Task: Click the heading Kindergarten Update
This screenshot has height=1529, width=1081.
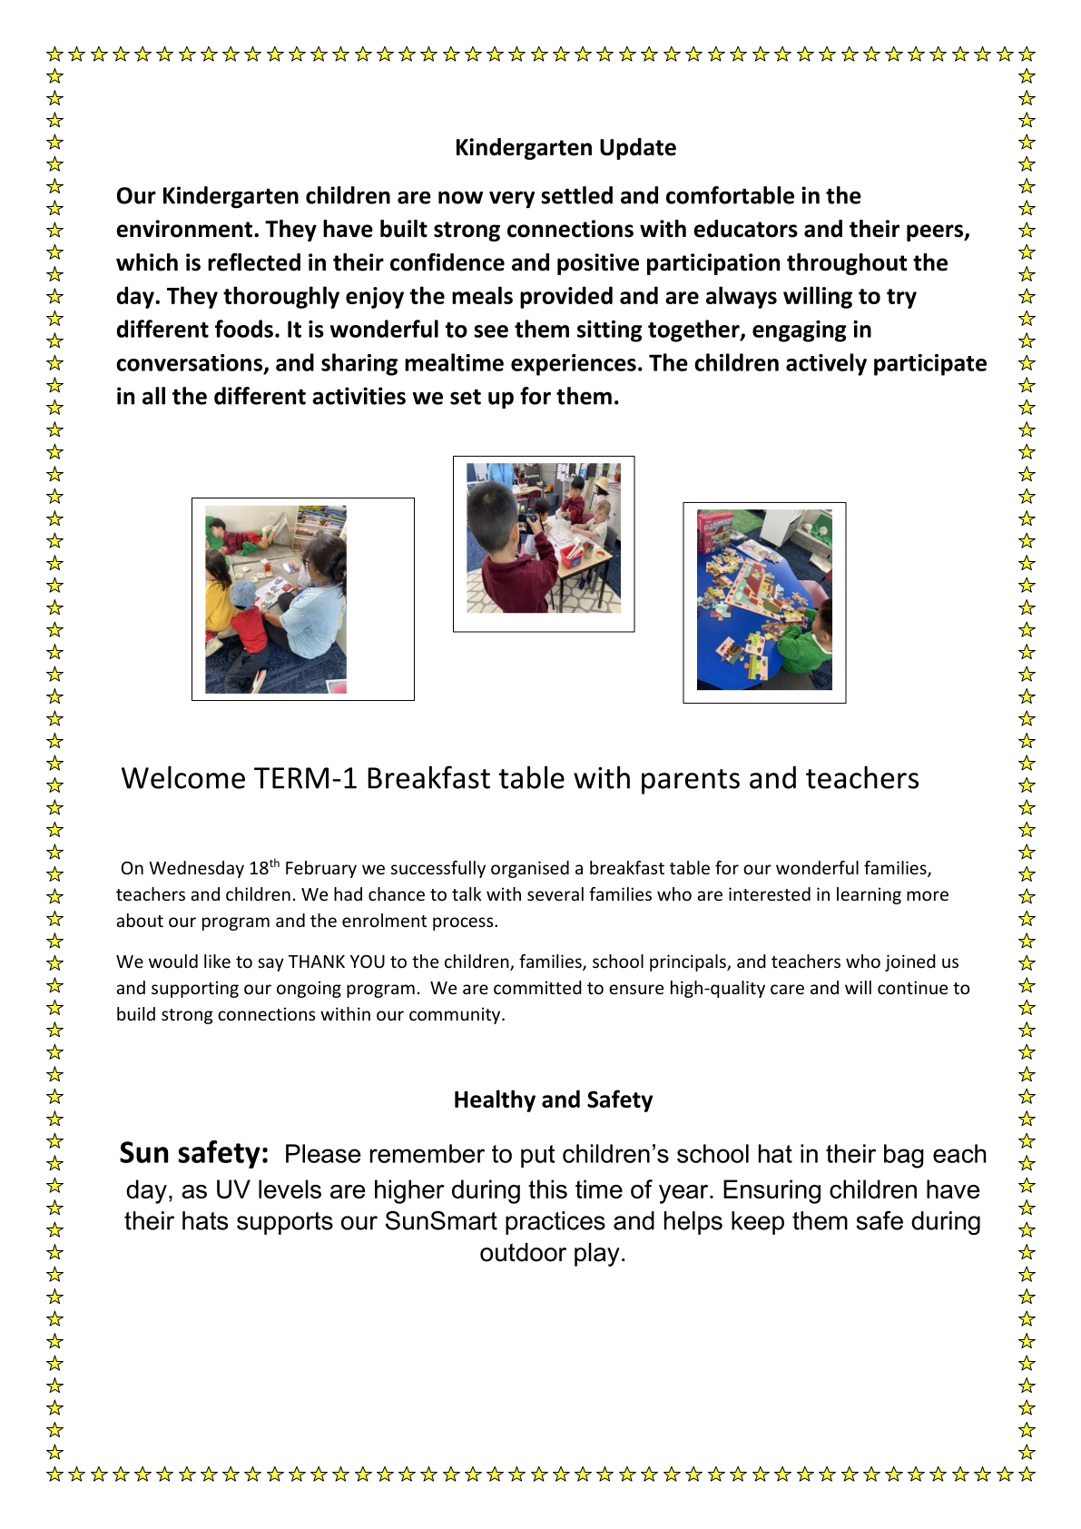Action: click(x=565, y=148)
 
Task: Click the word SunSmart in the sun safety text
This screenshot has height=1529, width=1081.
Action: click(x=440, y=1221)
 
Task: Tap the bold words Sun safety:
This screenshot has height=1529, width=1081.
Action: click(x=194, y=1153)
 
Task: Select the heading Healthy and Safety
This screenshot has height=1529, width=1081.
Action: click(x=553, y=1100)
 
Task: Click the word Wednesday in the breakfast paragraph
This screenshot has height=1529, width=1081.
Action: click(x=197, y=869)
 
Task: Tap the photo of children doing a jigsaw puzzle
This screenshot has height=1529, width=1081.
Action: click(x=764, y=600)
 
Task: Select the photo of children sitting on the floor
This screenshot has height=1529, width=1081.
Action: click(x=276, y=600)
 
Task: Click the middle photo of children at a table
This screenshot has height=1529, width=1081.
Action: click(x=544, y=538)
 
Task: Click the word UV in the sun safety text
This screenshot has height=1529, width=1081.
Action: click(x=232, y=1190)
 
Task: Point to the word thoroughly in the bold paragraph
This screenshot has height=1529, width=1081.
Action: click(x=281, y=297)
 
